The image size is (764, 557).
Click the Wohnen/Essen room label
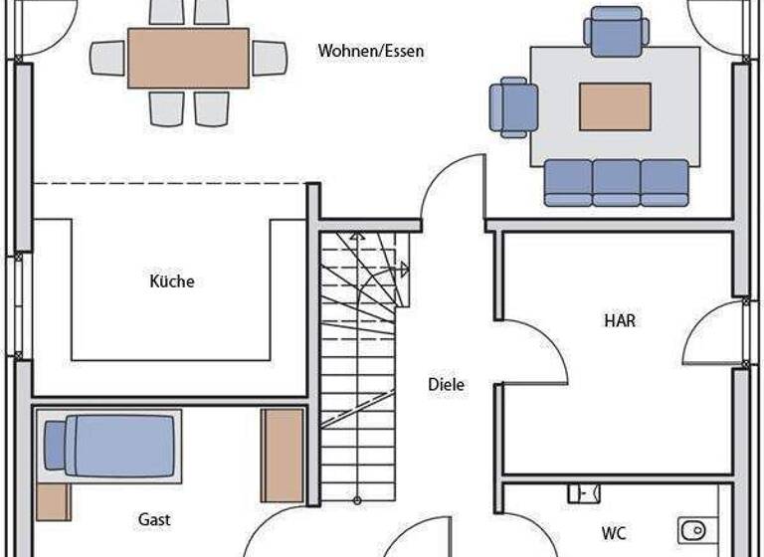[x=370, y=51]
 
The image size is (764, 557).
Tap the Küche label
[x=172, y=281]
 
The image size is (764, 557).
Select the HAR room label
[x=619, y=321]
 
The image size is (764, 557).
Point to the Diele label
[x=446, y=385]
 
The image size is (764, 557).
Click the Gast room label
[x=154, y=519]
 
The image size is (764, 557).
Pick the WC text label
[x=614, y=534]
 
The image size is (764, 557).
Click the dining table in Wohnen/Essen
[x=188, y=58]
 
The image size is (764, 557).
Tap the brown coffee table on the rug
[x=615, y=106]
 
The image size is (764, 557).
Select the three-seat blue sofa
[x=616, y=183]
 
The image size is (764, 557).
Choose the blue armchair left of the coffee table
[x=512, y=106]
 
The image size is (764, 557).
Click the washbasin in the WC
[x=584, y=492]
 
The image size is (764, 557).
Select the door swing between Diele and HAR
[x=532, y=353]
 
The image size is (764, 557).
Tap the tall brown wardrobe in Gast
[x=283, y=455]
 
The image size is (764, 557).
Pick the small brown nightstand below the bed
[x=53, y=502]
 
